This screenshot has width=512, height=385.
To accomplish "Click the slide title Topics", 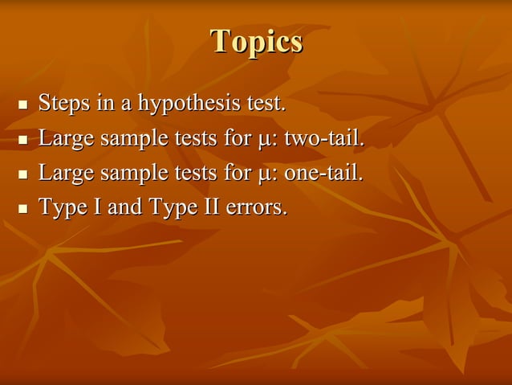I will click(x=256, y=42).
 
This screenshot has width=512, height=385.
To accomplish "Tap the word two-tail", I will click(x=324, y=138).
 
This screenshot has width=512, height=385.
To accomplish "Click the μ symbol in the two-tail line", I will click(x=263, y=141).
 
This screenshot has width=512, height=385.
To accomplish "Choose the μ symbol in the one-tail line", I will click(x=263, y=175).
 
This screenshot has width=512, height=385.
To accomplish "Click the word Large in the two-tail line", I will click(x=64, y=139).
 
